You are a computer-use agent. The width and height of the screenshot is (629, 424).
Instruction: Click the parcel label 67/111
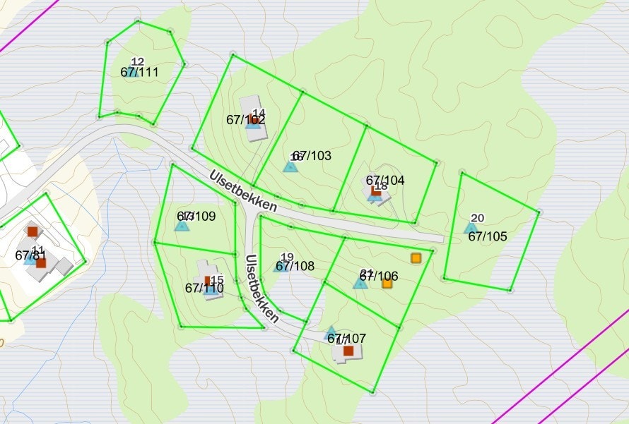pyautogui.click(x=139, y=72)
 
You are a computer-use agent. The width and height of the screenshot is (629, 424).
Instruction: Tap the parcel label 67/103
pyautogui.click(x=312, y=155)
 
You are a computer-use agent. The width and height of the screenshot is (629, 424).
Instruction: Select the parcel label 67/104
pyautogui.click(x=385, y=180)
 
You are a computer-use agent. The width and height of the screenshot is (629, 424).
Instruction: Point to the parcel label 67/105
pyautogui.click(x=488, y=236)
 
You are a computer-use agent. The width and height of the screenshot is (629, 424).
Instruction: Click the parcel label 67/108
pyautogui.click(x=295, y=266)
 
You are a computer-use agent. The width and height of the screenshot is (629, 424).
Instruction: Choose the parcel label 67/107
pyautogui.click(x=346, y=339)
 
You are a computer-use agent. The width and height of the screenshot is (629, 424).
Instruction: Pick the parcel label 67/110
pyautogui.click(x=204, y=288)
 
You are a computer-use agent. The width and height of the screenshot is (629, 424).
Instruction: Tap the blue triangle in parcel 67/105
pyautogui.click(x=471, y=228)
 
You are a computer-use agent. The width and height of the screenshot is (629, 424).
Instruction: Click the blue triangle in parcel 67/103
pyautogui.click(x=290, y=166)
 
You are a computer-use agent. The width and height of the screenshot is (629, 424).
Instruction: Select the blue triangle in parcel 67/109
pyautogui.click(x=182, y=226)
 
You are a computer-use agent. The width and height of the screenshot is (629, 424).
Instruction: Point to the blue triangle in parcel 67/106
pyautogui.click(x=360, y=283)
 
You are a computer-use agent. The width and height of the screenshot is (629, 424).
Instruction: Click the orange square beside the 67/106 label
pyautogui.click(x=387, y=284)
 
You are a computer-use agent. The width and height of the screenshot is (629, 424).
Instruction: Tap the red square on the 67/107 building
pyautogui.click(x=348, y=351)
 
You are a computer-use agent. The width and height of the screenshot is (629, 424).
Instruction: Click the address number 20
pyautogui.click(x=478, y=218)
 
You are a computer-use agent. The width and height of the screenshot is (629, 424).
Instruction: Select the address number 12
pyautogui.click(x=138, y=61)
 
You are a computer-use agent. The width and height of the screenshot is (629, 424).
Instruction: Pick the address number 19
pyautogui.click(x=287, y=257)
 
